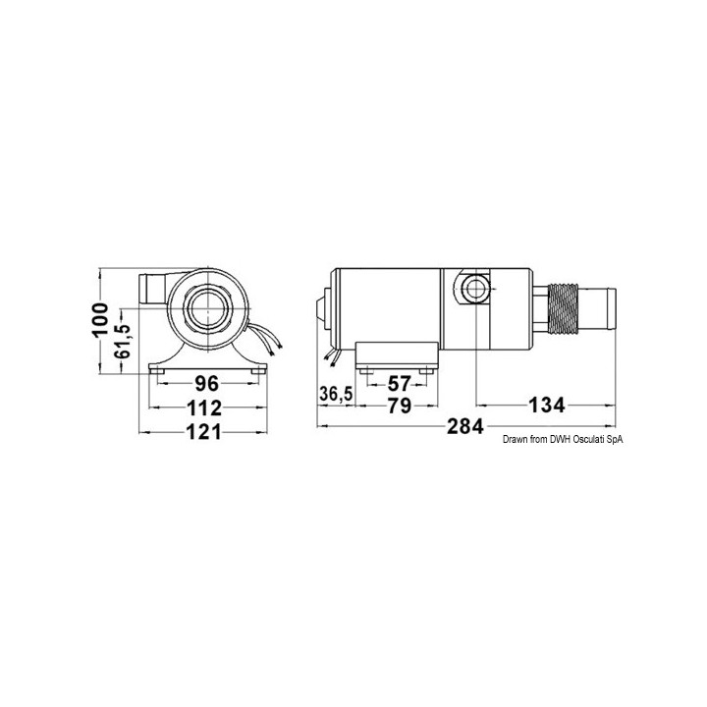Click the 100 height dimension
(x=100, y=319)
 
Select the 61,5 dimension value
(x=122, y=341)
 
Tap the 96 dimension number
(x=207, y=384)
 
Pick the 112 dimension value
(x=204, y=408)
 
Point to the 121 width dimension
(x=204, y=432)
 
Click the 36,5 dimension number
(x=336, y=394)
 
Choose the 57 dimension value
(x=400, y=384)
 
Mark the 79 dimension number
(x=400, y=407)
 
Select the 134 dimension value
(x=547, y=406)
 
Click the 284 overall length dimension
(x=465, y=426)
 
